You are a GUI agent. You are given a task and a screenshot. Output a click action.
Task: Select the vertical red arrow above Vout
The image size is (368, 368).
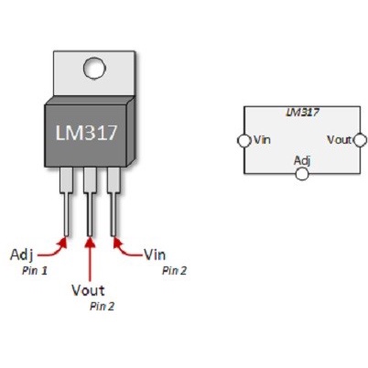(x=90, y=260)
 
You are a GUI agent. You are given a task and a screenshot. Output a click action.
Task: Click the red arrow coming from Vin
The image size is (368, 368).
(x=127, y=247)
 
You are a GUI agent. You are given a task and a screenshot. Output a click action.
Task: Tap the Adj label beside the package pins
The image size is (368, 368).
(x=23, y=253)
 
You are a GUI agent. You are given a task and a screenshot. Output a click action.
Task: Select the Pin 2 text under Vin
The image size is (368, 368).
(x=175, y=271)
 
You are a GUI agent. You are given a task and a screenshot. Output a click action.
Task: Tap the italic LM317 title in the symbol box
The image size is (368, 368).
(x=301, y=113)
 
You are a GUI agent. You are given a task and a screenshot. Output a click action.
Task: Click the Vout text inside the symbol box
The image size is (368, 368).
(x=340, y=140)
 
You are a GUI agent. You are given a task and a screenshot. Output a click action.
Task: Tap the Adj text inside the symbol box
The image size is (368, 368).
(x=301, y=160)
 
